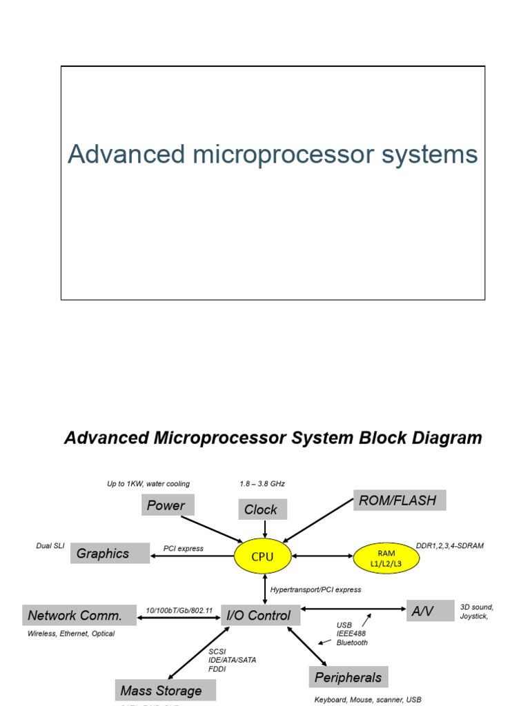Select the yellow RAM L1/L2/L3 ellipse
(386, 558)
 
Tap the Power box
(168, 505)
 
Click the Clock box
(262, 510)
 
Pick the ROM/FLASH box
(399, 501)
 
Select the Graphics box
(110, 553)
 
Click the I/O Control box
(260, 615)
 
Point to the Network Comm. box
(79, 615)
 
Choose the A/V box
(430, 610)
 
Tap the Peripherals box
(349, 677)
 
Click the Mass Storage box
(165, 690)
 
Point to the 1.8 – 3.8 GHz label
(262, 484)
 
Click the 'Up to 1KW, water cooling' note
(148, 484)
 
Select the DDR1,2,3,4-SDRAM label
(450, 545)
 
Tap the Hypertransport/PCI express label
(315, 589)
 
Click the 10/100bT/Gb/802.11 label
(179, 610)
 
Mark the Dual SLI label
(50, 545)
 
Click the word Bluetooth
(352, 643)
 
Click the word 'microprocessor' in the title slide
(278, 154)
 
